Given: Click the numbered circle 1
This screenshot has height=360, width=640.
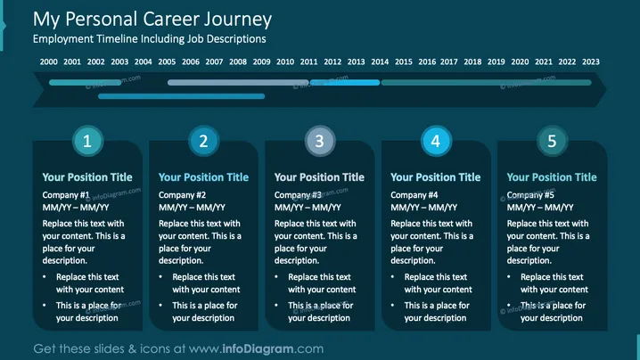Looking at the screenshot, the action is (87, 141).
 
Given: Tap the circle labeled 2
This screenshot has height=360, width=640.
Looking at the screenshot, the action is (203, 141).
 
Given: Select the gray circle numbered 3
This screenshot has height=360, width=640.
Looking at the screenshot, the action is (320, 141).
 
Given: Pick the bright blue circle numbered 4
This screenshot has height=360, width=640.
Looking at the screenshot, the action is (436, 141).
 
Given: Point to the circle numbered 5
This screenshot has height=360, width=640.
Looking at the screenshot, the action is (552, 141).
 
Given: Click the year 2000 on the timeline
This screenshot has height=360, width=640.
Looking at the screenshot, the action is (48, 61).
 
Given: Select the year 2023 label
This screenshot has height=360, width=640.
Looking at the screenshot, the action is (591, 61).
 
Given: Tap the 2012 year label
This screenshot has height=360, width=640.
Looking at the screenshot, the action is (332, 61).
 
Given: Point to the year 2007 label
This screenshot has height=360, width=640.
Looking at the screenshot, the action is (214, 61).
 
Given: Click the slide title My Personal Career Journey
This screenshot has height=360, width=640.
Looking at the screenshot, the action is (152, 20).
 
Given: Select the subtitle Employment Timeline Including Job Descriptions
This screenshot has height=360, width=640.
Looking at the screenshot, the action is (150, 39).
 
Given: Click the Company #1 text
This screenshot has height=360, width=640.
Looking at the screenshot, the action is (66, 195).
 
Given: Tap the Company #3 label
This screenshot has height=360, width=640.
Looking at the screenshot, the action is (298, 195).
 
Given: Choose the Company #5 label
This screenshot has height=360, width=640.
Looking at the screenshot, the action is (530, 195).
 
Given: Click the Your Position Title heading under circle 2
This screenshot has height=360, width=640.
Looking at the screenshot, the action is (203, 177).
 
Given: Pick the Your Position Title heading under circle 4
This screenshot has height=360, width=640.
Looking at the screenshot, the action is (436, 177).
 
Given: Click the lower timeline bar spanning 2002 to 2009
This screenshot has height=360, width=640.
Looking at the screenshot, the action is (182, 96).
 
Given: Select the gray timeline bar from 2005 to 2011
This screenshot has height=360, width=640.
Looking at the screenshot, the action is (238, 83).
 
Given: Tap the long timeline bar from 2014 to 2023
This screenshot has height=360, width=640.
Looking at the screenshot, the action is (486, 83).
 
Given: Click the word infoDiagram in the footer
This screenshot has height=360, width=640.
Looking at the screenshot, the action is (258, 348).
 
